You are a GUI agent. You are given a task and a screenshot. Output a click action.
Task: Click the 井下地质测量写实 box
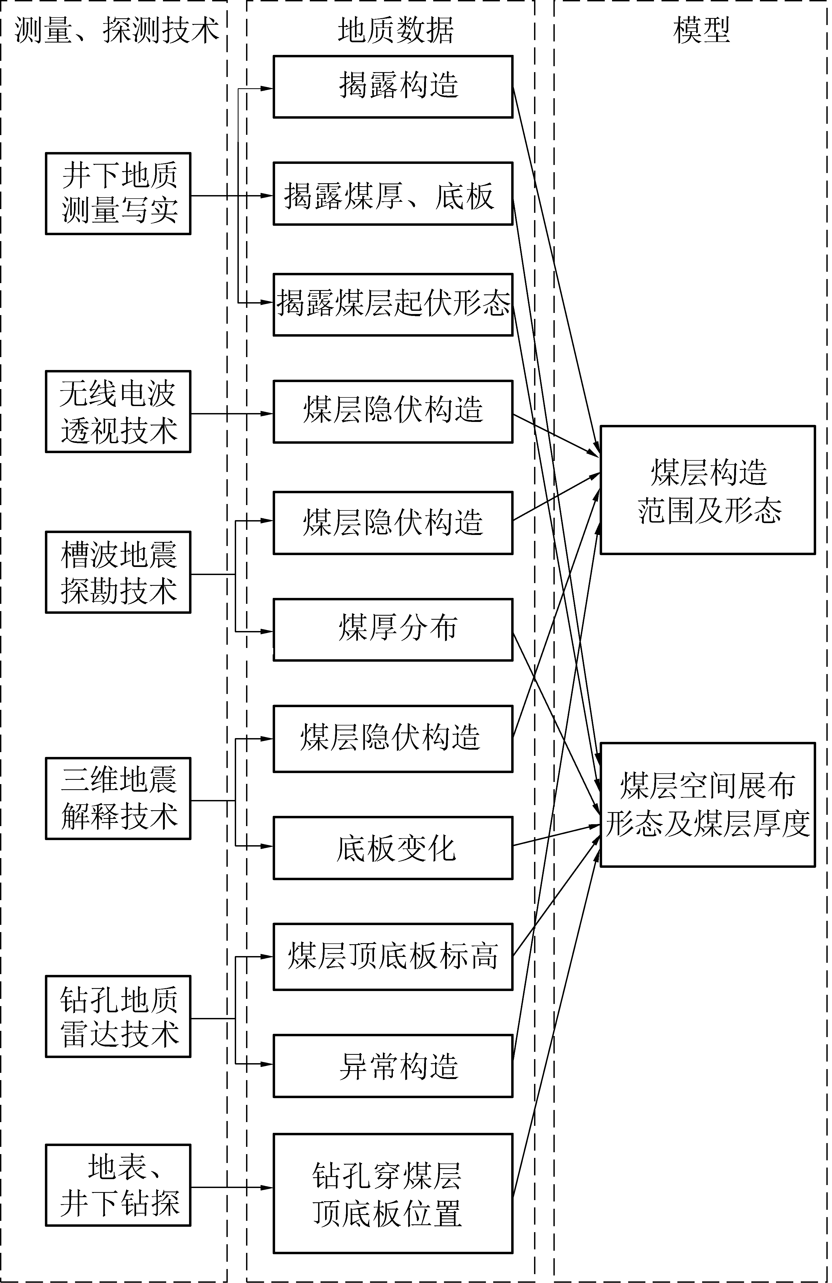click(118, 193)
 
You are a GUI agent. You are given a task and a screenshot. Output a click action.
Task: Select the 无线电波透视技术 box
click(118, 411)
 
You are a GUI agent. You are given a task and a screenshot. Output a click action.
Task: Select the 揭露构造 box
click(393, 86)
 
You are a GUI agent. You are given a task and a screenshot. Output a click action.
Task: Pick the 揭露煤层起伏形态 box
click(393, 305)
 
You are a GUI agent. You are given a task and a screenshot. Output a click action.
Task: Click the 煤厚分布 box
click(393, 630)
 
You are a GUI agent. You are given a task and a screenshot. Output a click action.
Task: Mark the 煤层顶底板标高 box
click(393, 957)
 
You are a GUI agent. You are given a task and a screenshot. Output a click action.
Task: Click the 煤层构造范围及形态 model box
click(707, 490)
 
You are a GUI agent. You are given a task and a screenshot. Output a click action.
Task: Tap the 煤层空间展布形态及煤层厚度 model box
click(707, 805)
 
